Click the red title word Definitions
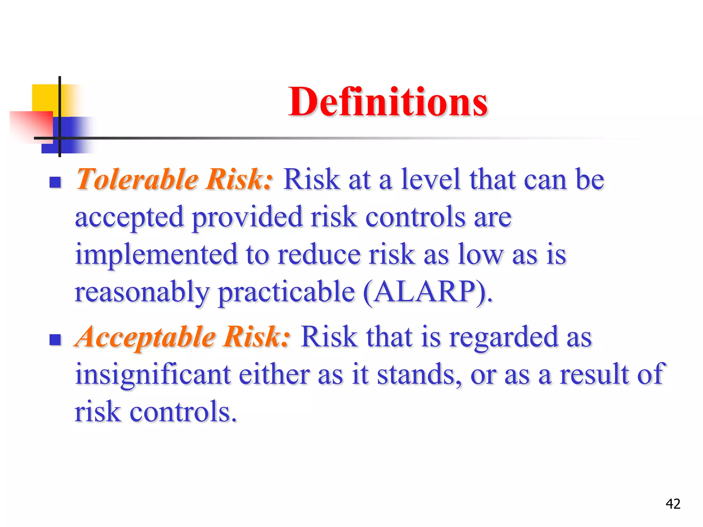[388, 102]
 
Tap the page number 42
[673, 504]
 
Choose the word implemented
[156, 254]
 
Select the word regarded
[504, 337]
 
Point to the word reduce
[319, 254]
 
